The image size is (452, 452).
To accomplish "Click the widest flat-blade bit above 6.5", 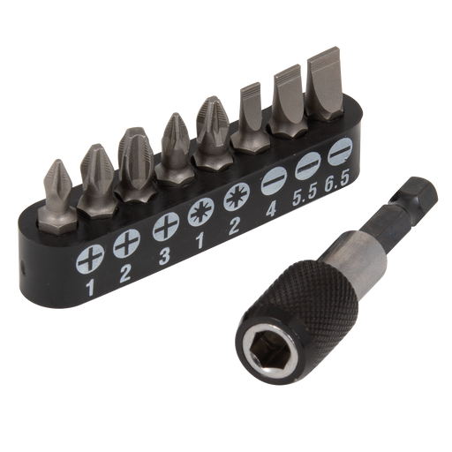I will (x=324, y=88).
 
